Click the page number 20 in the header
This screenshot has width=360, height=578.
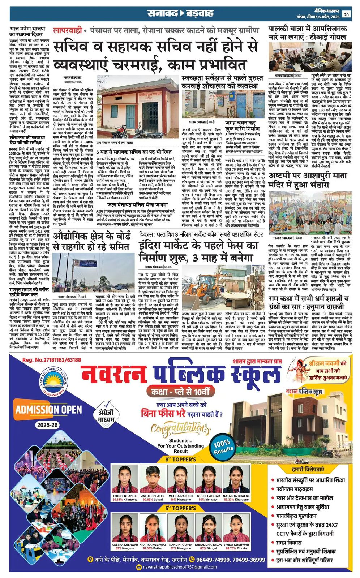coord(347,14)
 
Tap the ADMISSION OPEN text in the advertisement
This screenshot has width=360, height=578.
coord(48,409)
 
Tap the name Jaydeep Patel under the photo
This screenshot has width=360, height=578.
coord(153,496)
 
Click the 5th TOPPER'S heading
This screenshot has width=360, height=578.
coord(180,508)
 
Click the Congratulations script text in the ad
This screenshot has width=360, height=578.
coord(180,429)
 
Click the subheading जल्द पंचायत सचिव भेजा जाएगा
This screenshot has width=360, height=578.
coord(139,204)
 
